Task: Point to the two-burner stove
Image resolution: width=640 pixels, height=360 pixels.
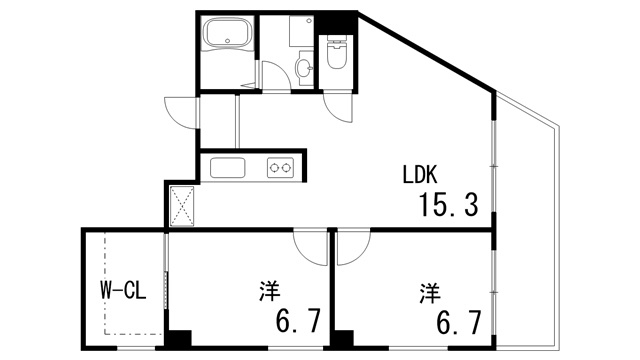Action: coord(279,168)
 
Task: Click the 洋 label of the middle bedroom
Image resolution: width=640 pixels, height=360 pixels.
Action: coord(269,291)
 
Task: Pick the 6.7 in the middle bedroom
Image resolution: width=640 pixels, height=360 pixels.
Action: coord(297,322)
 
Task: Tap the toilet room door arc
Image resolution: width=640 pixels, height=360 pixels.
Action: coord(338,107)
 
